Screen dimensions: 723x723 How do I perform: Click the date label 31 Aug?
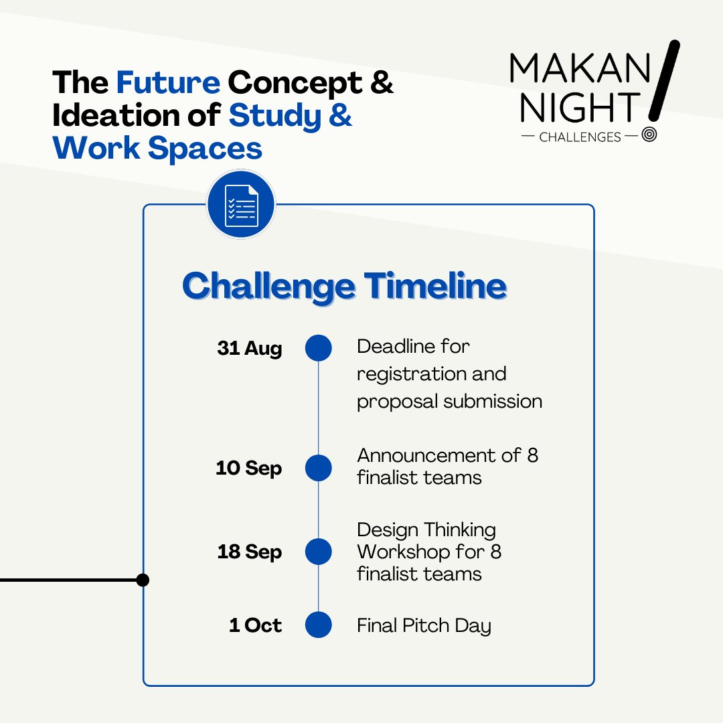[249, 349]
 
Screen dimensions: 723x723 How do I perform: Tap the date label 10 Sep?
[248, 468]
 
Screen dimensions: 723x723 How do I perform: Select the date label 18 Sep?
[249, 552]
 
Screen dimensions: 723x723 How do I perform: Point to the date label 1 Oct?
[255, 625]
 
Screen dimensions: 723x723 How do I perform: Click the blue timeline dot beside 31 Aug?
[319, 348]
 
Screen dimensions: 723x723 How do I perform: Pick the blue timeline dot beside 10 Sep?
[319, 468]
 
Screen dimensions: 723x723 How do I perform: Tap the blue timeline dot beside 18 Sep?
[319, 552]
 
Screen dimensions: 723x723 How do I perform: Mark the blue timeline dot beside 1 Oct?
[319, 625]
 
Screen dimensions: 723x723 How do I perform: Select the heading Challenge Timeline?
[344, 286]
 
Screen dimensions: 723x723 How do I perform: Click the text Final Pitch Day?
[424, 625]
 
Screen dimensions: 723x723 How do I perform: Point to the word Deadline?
[395, 346]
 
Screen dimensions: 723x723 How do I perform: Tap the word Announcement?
[430, 455]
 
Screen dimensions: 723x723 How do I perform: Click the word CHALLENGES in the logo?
[580, 137]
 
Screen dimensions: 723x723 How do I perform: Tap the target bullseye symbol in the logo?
[649, 135]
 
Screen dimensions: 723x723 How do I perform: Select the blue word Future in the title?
[168, 82]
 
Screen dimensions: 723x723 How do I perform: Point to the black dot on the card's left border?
[143, 580]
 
